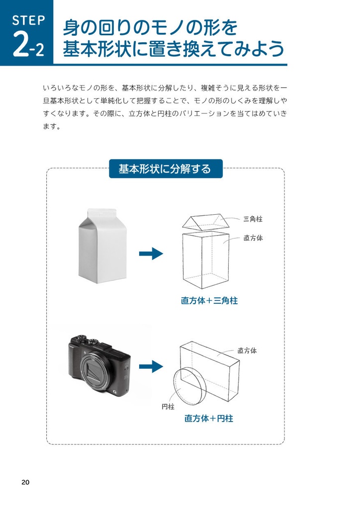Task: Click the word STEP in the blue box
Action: [x=28, y=20]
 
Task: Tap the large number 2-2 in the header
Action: [x=28, y=46]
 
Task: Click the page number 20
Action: [x=25, y=482]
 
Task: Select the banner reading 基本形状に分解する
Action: [x=165, y=169]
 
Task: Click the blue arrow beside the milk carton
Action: [x=151, y=254]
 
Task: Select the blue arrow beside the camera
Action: [x=151, y=367]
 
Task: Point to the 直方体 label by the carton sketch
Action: [x=253, y=238]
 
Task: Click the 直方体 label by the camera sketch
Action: [x=247, y=350]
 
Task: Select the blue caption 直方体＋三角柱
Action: [x=209, y=301]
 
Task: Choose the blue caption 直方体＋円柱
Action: [x=209, y=419]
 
